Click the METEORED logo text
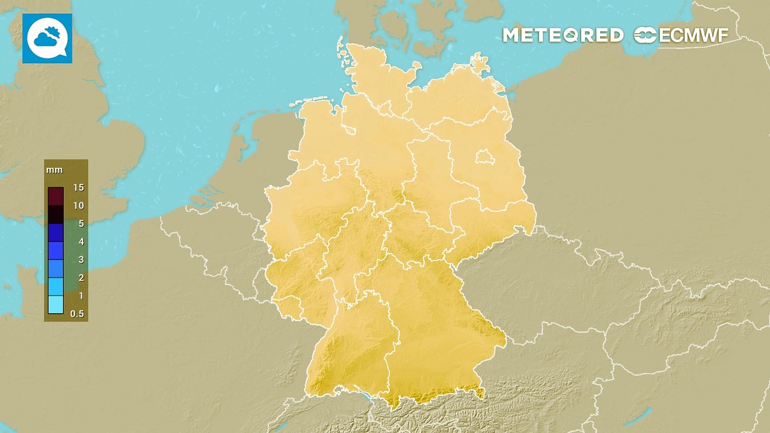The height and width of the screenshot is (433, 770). click(562, 35)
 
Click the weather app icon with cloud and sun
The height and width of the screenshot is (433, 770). click(48, 38)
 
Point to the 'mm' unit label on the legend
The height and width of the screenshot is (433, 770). click(50, 170)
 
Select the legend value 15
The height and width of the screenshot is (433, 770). click(78, 188)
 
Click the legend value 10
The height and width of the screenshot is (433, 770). click(78, 206)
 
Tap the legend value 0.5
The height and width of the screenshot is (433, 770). click(77, 314)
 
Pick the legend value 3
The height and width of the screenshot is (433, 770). click(78, 260)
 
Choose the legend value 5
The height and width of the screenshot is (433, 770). click(78, 224)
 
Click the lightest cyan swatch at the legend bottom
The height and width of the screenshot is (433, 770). click(56, 305)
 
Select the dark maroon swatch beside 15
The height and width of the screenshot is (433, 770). click(56, 196)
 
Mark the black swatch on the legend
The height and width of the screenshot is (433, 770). click(56, 214)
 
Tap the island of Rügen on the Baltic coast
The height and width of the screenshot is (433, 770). click(481, 63)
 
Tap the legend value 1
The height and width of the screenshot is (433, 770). click(78, 296)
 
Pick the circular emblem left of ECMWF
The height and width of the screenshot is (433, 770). click(645, 35)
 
